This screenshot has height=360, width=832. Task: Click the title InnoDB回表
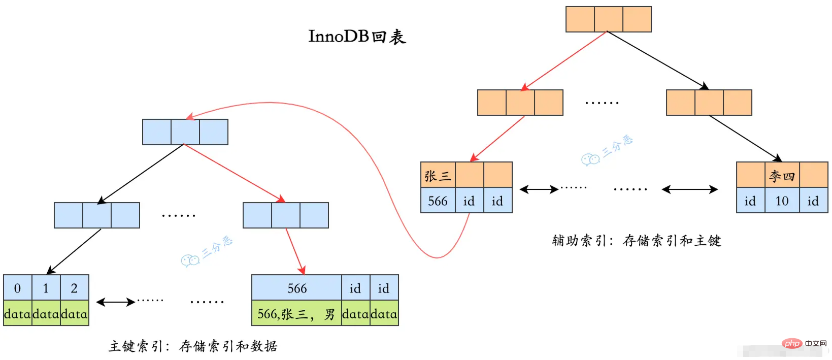click(357, 37)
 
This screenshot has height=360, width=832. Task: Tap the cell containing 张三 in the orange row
click(438, 175)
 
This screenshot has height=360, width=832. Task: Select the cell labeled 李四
click(782, 175)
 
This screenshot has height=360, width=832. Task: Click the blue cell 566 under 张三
click(438, 200)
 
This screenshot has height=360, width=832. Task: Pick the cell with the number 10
click(782, 200)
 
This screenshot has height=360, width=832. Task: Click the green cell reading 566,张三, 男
click(296, 313)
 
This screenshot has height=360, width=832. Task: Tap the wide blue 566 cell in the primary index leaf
click(296, 287)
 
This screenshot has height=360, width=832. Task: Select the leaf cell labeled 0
click(17, 287)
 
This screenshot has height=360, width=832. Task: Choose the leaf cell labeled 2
click(74, 287)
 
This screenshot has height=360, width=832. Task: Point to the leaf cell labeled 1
click(46, 287)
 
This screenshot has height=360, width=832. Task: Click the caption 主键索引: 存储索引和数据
click(193, 346)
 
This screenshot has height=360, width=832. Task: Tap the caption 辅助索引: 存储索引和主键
click(636, 241)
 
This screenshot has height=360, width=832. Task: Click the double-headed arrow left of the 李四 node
click(690, 189)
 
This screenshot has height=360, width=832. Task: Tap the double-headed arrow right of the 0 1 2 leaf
click(116, 302)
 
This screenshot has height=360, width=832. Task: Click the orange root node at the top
click(609, 19)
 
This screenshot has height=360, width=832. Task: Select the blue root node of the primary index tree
click(185, 132)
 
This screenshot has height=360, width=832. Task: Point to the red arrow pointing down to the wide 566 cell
click(295, 251)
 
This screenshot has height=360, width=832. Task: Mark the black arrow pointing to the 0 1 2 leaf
click(74, 252)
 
